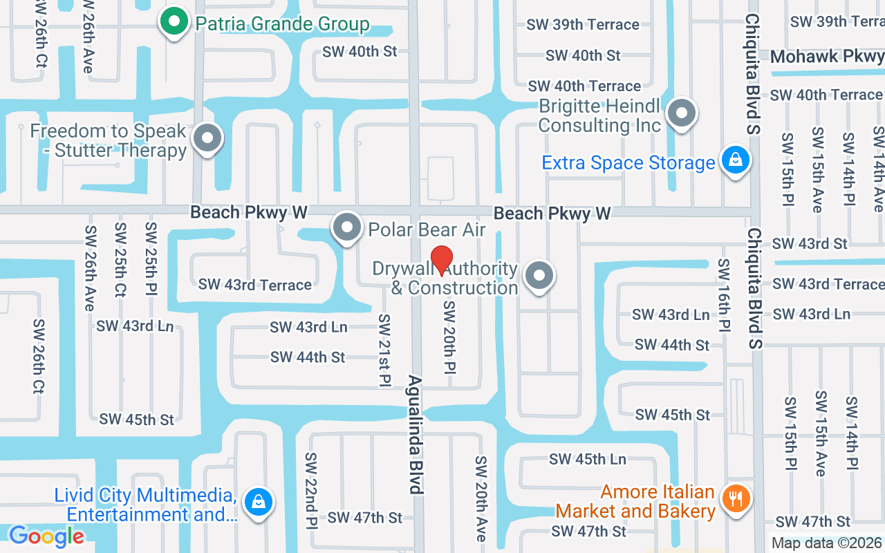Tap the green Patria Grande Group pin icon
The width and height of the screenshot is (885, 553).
pyautogui.click(x=174, y=21)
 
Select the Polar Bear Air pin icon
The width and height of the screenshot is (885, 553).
pyautogui.click(x=347, y=227)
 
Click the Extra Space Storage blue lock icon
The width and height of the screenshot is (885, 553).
pyautogui.click(x=735, y=160)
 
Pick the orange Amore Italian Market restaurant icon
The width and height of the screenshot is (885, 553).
pyautogui.click(x=735, y=498)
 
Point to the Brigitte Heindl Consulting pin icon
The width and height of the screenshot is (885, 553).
pyautogui.click(x=682, y=111)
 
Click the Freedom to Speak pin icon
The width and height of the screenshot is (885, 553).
pyautogui.click(x=207, y=138)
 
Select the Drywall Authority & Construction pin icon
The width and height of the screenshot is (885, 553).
pyautogui.click(x=539, y=276)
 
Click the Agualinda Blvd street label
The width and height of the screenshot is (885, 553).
pyautogui.click(x=415, y=434)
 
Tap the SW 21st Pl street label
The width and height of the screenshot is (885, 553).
pyautogui.click(x=384, y=350)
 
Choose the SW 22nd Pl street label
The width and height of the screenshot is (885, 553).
pyautogui.click(x=311, y=489)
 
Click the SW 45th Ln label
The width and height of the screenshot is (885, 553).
pyautogui.click(x=587, y=459)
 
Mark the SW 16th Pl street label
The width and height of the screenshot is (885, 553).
pyautogui.click(x=723, y=294)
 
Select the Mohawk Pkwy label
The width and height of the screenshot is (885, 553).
pyautogui.click(x=826, y=56)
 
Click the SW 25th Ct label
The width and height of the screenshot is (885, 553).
pyautogui.click(x=120, y=259)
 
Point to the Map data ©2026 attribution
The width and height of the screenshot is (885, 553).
pyautogui.click(x=827, y=543)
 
